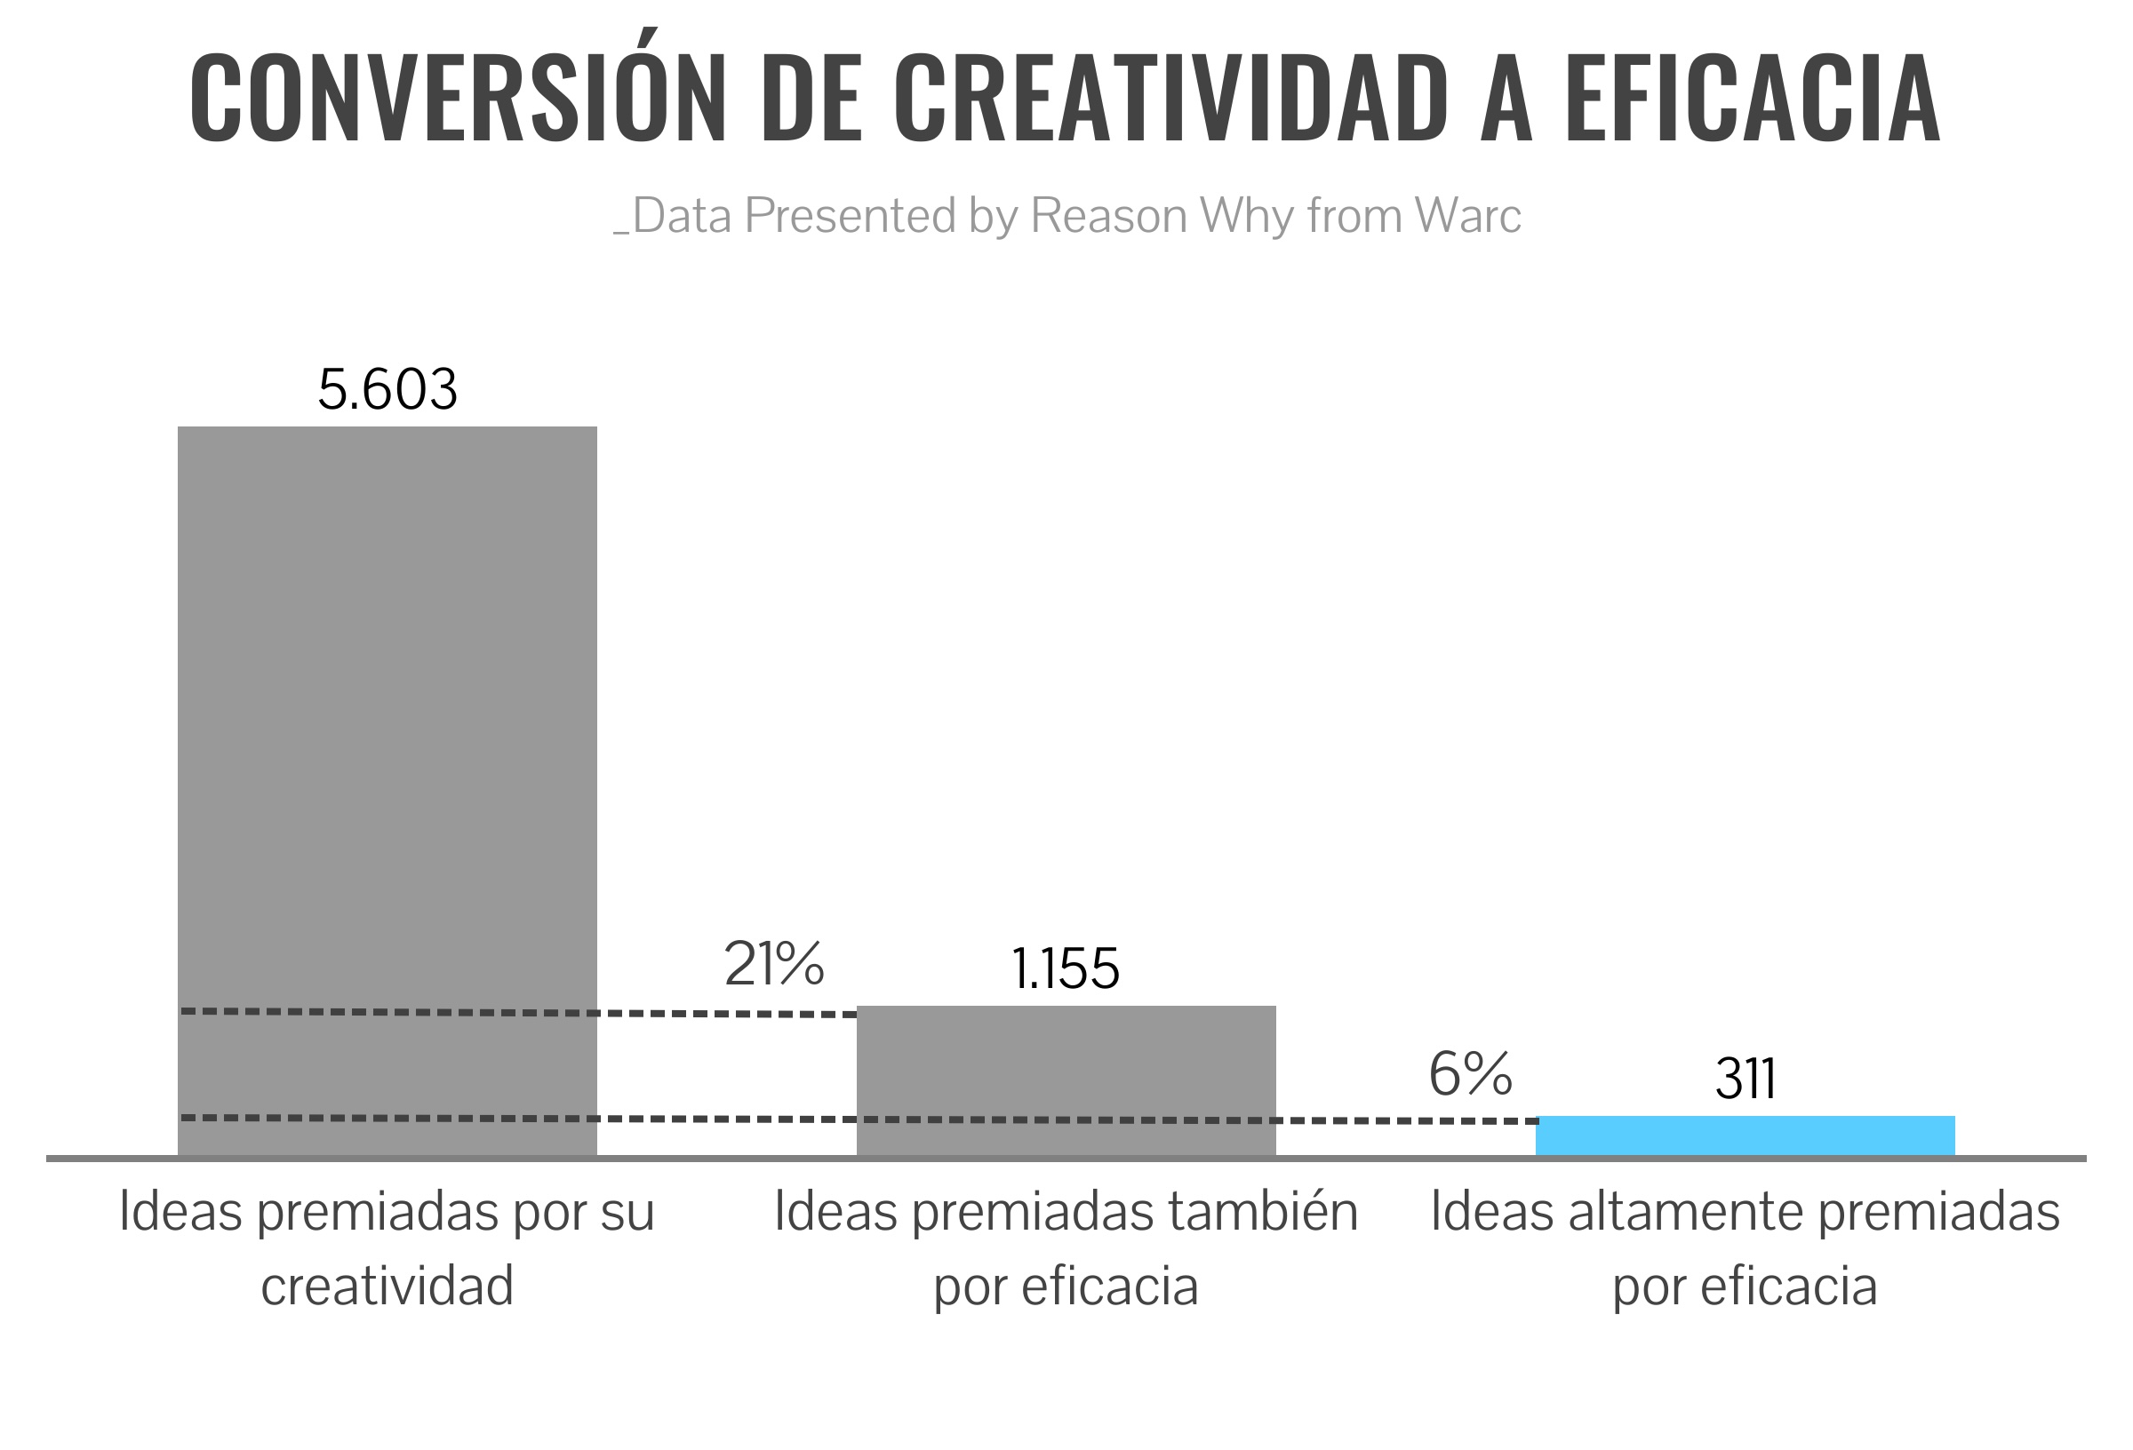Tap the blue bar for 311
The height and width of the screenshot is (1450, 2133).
tap(1745, 1135)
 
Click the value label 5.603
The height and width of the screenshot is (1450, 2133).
tap(387, 389)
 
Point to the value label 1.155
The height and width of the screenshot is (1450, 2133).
tap(1066, 969)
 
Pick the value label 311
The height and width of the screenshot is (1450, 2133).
tap(1745, 1080)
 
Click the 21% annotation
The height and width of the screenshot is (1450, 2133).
tap(774, 965)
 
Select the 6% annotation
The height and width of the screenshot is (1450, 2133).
tap(1470, 1074)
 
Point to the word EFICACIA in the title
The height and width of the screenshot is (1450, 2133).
tap(1752, 99)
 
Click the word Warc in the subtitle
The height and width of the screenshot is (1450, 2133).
tap(1467, 216)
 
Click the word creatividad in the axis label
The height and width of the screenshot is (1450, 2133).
tap(387, 1286)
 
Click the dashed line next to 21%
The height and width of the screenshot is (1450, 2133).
tap(725, 1013)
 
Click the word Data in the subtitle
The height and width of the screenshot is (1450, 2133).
tap(681, 216)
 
